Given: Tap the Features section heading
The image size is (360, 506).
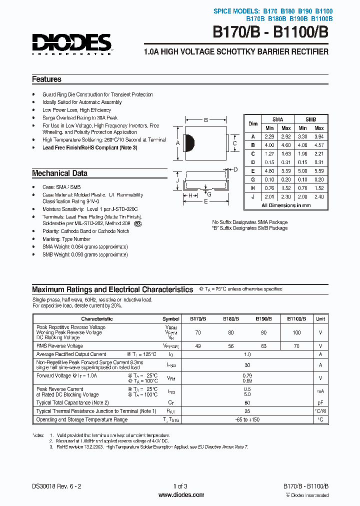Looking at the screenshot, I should tap(46, 79).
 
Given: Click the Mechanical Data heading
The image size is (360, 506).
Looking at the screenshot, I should tap(59, 173).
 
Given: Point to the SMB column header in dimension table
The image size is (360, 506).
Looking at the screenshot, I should tap(310, 119).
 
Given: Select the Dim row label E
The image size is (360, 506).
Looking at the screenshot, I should tap(253, 170).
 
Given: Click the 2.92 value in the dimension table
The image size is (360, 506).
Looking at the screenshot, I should tap(286, 136).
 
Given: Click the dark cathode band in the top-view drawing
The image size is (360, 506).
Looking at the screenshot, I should tap(189, 143).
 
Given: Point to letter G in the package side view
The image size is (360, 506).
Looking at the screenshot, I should tap(209, 194).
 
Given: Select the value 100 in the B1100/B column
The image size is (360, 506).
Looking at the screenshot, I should tap(296, 332).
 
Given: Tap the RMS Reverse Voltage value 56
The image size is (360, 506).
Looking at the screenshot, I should tap(230, 346).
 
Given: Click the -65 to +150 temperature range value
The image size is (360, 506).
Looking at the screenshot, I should tap(247, 419).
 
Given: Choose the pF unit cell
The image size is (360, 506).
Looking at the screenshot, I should tap(320, 402).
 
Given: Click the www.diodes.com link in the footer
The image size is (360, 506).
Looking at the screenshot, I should tap(180, 495).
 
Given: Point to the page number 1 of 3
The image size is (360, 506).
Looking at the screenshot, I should tap(180, 486).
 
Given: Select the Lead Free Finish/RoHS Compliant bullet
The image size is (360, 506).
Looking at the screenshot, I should tap(89, 148).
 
